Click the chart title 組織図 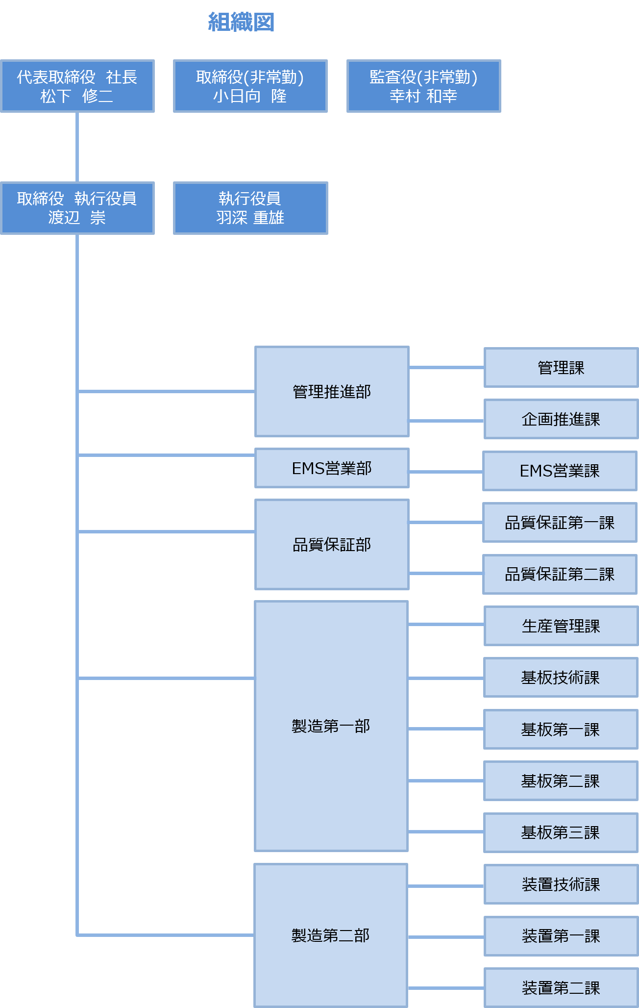coord(241,23)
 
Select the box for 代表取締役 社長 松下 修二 coord(77,86)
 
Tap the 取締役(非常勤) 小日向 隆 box coord(250,86)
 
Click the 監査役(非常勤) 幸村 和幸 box coord(423,86)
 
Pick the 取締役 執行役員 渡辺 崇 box coord(77,208)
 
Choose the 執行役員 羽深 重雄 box coord(250,208)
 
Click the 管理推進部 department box coord(332,392)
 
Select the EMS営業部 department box coord(332,468)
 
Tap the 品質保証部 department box coord(332,544)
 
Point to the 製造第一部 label coord(331,726)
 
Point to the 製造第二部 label coord(331,935)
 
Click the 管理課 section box coord(561,368)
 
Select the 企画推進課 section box coord(561,419)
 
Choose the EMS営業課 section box coord(560,471)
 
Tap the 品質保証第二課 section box coord(560,574)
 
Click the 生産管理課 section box coord(561,626)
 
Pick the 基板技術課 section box coord(561,678)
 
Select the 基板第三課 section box coord(561,832)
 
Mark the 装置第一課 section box coord(561,936)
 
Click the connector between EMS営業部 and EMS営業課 coord(446,472)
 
